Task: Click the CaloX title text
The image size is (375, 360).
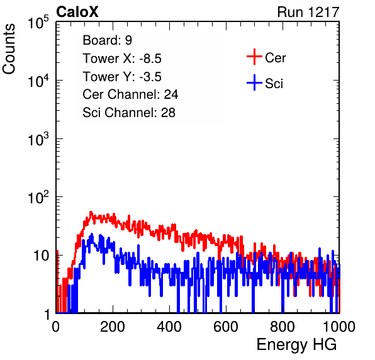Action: click(77, 12)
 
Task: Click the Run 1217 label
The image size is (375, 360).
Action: click(308, 12)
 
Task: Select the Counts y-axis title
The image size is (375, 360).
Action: click(9, 49)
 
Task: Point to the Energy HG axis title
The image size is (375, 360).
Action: click(296, 345)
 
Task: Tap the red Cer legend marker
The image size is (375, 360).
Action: click(254, 57)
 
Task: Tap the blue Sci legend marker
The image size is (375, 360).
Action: click(254, 83)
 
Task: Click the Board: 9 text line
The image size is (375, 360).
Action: click(108, 40)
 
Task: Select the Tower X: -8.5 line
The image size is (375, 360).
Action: click(122, 59)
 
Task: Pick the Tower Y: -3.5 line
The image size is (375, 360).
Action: click(122, 77)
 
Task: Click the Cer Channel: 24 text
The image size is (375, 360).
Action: click(130, 94)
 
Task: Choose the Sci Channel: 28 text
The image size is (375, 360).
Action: click(129, 113)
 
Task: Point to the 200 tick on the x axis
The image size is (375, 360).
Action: click(113, 327)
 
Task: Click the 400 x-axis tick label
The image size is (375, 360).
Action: click(169, 327)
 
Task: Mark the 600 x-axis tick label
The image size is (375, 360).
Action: click(226, 327)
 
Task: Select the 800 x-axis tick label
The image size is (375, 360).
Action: click(283, 327)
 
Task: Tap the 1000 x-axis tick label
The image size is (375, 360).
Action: click(339, 327)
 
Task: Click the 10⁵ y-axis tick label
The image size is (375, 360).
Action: click(38, 22)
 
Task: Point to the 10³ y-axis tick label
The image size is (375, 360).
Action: click(38, 138)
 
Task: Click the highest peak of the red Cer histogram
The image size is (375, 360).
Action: click(91, 212)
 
